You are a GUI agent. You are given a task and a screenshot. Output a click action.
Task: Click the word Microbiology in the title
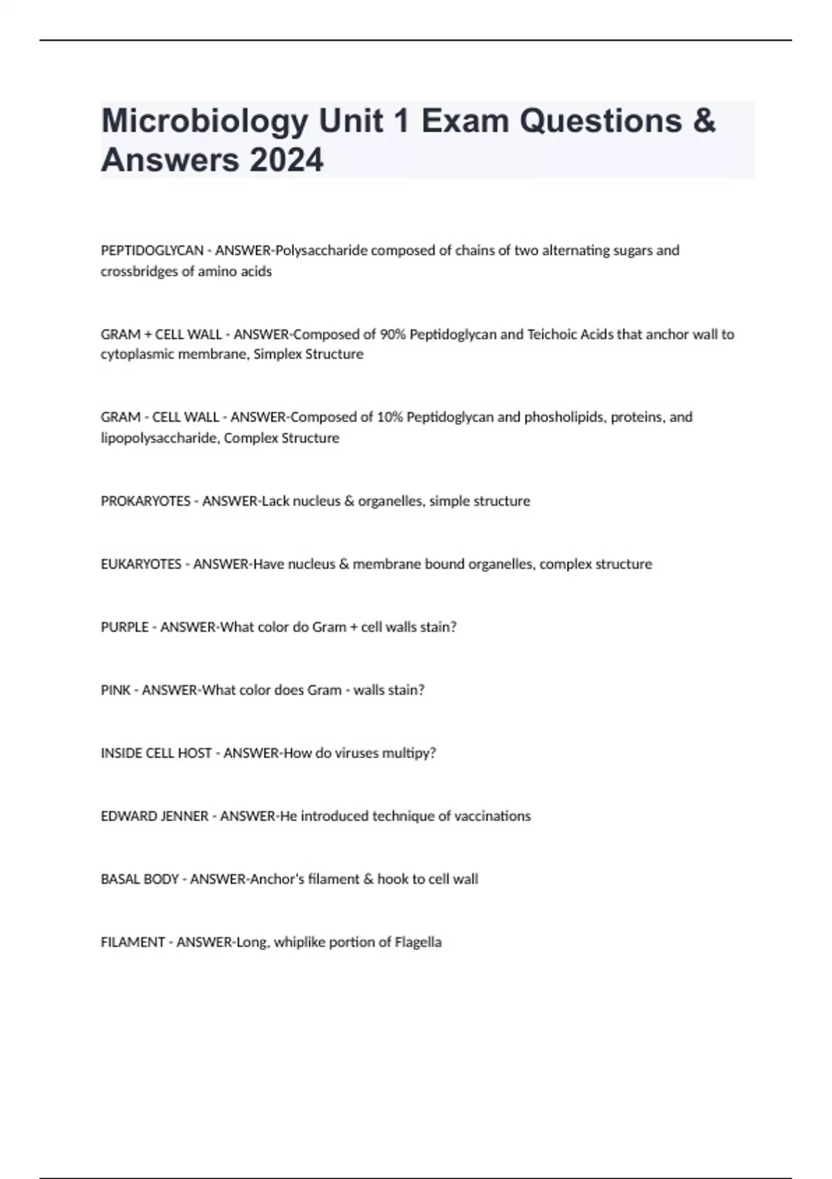click(205, 122)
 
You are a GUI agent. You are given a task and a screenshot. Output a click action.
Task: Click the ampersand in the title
click(703, 121)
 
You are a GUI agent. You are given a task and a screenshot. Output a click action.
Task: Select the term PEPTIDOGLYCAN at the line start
click(152, 250)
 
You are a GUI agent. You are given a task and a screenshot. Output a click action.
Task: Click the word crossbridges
click(140, 271)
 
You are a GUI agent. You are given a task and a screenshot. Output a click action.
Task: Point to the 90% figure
click(393, 334)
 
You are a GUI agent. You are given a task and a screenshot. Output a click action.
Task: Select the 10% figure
click(390, 417)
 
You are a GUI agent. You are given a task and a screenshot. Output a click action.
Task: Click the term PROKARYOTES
click(146, 501)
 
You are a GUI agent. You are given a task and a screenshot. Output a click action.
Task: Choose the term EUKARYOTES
click(141, 564)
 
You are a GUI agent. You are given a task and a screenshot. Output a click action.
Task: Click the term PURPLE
click(125, 627)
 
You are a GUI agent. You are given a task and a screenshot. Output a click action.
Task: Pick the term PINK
click(115, 690)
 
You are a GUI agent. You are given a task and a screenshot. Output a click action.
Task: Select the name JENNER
click(184, 816)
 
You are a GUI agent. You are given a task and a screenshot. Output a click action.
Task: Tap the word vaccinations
click(492, 816)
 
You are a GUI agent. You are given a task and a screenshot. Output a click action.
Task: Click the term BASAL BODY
click(140, 879)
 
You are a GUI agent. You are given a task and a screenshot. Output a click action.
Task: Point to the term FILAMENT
click(132, 943)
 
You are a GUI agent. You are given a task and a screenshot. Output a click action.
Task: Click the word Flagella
click(418, 943)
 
